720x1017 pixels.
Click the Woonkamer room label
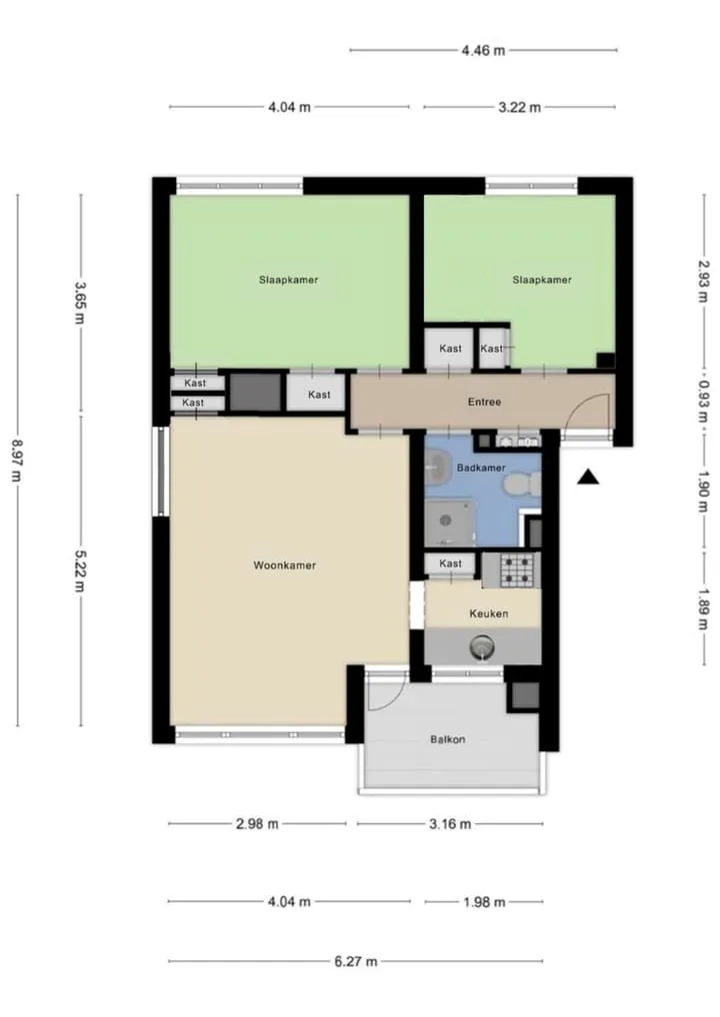click(x=284, y=565)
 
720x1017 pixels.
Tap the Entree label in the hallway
click(x=484, y=403)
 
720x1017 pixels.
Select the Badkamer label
click(x=481, y=468)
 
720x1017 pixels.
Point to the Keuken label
click(x=489, y=613)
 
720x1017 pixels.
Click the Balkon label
click(x=447, y=739)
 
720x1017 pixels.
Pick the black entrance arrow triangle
click(x=588, y=477)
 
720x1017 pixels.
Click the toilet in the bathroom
click(x=523, y=484)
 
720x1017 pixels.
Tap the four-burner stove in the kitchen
click(x=516, y=569)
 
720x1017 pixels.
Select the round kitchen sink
click(x=482, y=646)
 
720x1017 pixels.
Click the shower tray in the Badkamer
click(x=449, y=522)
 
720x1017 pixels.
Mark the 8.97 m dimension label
click(x=17, y=462)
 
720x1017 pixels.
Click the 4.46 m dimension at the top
click(x=484, y=51)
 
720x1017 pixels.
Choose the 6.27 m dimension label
click(x=356, y=961)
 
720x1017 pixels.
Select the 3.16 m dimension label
click(x=450, y=824)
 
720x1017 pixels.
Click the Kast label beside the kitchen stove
click(x=451, y=563)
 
